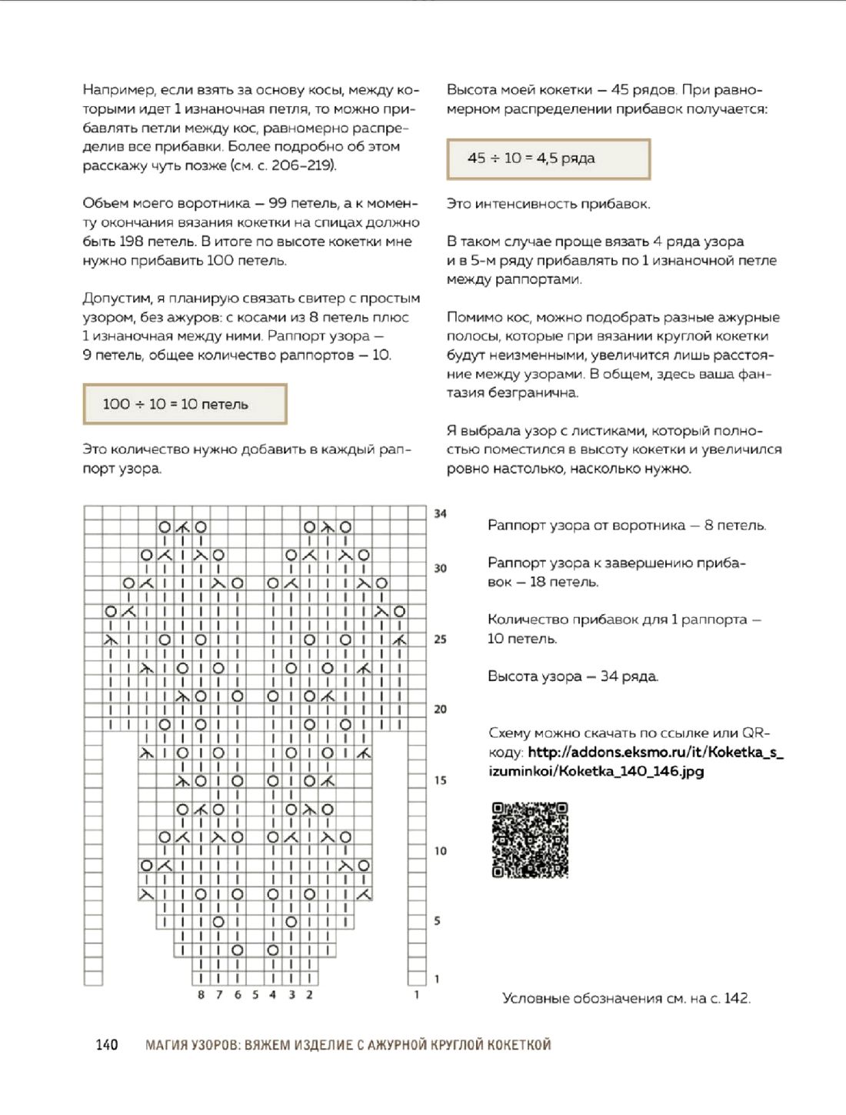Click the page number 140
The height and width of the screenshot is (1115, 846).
(x=107, y=1044)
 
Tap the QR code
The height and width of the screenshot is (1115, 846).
(x=530, y=840)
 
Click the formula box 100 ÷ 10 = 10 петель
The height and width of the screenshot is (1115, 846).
(x=185, y=404)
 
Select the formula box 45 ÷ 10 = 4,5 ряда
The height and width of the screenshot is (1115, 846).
(x=548, y=159)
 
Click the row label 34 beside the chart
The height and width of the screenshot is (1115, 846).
(x=440, y=513)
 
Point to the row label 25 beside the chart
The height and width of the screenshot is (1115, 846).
(x=440, y=639)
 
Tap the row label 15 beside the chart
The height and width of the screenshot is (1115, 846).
(x=440, y=780)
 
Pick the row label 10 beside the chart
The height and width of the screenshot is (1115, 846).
(x=440, y=851)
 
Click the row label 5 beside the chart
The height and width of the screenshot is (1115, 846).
(x=437, y=921)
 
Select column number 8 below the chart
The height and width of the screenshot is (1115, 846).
(x=201, y=995)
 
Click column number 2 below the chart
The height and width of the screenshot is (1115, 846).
(x=309, y=995)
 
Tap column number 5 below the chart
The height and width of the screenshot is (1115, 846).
(x=255, y=995)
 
